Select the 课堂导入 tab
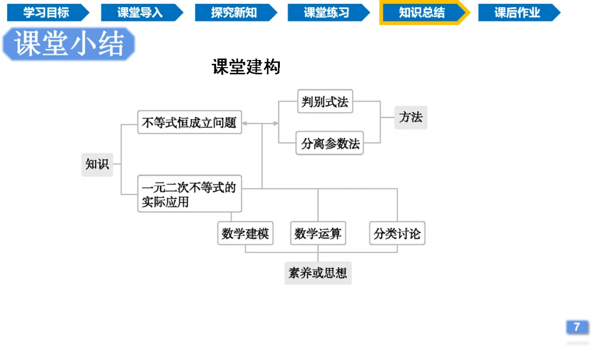point(140,12)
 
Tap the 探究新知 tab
point(234,12)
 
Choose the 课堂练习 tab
point(327,12)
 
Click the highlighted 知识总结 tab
point(422,13)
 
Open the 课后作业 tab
point(517,12)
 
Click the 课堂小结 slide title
point(69,44)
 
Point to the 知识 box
point(97,164)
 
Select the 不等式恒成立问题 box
point(189,123)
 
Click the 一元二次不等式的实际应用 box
point(189,195)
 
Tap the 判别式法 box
point(325,102)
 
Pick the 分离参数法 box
point(330,144)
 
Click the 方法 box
point(411,117)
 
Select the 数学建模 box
point(245,233)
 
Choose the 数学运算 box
point(317,233)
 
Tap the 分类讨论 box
point(397,233)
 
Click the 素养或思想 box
point(317,273)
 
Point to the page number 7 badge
point(576,326)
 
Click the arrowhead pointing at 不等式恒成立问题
point(245,123)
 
